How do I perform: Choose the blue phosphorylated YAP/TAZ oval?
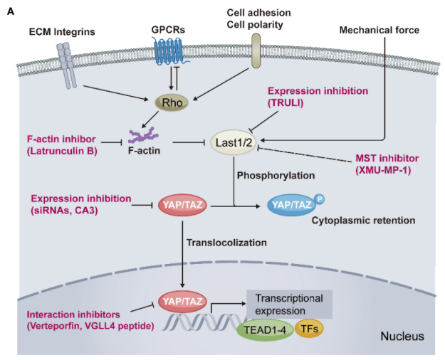pyautogui.click(x=293, y=206)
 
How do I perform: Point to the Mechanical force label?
pyautogui.click(x=379, y=30)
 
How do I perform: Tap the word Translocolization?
pyautogui.click(x=226, y=242)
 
